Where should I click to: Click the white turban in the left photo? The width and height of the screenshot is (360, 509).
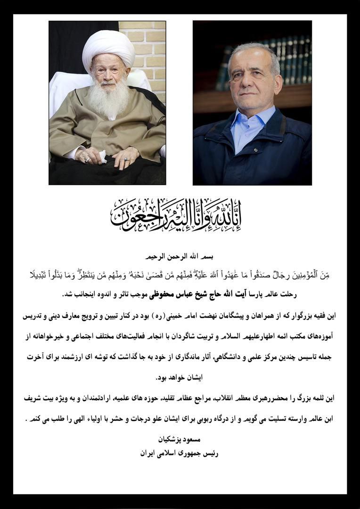(108, 48)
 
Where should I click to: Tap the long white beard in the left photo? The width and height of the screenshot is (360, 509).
(109, 99)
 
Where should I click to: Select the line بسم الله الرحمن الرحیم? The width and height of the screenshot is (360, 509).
(180, 257)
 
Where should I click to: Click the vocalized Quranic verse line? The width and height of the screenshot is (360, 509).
(180, 275)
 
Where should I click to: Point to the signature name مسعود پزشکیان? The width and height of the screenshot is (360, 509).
(180, 439)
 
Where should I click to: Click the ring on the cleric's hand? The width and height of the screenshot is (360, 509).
(87, 159)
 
